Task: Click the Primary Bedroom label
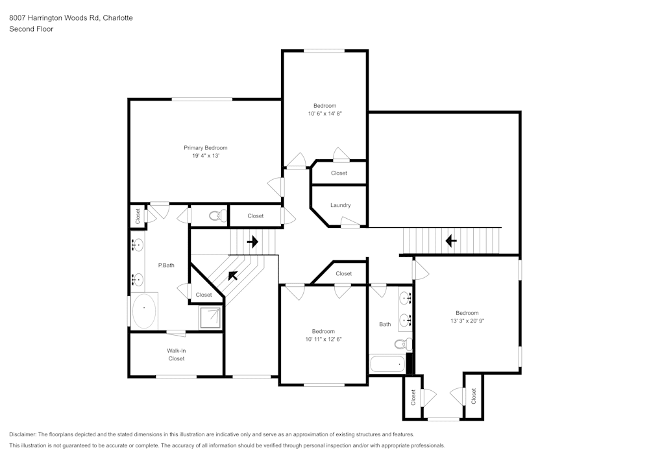(x=205, y=148)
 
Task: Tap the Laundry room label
(x=340, y=205)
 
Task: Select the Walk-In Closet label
(x=177, y=354)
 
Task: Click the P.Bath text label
(x=167, y=265)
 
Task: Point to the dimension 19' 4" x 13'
(x=205, y=156)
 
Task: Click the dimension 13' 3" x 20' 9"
(x=467, y=321)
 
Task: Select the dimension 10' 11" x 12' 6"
(x=323, y=339)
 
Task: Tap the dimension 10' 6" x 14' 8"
(x=324, y=114)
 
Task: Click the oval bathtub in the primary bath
(x=144, y=312)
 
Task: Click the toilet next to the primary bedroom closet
(x=217, y=216)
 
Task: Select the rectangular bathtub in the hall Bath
(x=387, y=364)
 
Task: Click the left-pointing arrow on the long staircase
(x=450, y=241)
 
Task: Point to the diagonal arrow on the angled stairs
(x=232, y=275)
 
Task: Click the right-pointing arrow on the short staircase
(x=252, y=242)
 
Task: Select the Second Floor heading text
(x=31, y=29)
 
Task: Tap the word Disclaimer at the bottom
(x=23, y=434)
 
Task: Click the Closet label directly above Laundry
(x=339, y=173)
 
